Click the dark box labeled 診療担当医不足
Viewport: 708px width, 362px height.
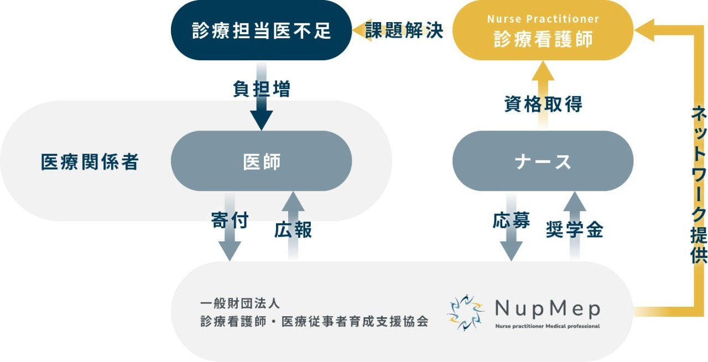261,30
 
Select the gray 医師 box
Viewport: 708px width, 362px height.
261,161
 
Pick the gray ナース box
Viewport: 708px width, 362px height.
543,161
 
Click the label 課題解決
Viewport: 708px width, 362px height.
404,30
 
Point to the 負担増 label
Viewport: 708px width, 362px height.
261,89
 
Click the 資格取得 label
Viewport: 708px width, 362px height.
543,103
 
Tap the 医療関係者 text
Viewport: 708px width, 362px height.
90,162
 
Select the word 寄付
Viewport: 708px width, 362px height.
230,221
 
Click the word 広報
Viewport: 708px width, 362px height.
293,229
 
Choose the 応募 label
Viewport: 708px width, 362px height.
511,221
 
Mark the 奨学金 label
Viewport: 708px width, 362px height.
574,229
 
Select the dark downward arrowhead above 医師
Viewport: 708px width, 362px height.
261,119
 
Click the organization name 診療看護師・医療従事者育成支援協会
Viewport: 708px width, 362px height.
314,322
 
